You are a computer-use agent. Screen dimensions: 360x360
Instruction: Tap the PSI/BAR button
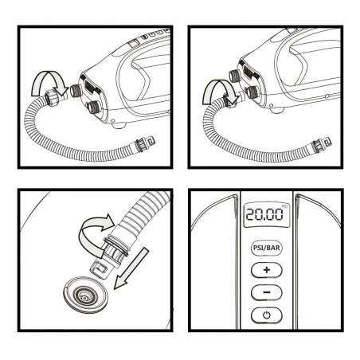(x=266, y=248)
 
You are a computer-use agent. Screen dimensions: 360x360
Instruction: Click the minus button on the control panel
(x=266, y=292)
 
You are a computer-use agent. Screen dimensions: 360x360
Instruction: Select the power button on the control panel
(x=266, y=315)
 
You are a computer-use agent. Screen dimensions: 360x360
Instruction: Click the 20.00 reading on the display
(x=264, y=214)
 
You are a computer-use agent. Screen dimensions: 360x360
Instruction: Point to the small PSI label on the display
(x=284, y=206)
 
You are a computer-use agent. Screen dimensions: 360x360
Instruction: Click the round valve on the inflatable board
(x=85, y=295)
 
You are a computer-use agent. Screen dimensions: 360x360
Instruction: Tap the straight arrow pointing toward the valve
(x=130, y=268)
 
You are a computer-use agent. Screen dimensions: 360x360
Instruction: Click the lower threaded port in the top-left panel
(x=93, y=107)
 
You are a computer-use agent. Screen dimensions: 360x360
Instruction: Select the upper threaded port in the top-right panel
(x=235, y=76)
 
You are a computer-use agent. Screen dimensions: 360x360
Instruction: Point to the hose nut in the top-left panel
(x=51, y=98)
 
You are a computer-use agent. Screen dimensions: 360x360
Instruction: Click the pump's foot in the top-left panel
(x=118, y=125)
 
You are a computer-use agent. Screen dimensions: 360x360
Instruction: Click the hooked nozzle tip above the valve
(x=100, y=269)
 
